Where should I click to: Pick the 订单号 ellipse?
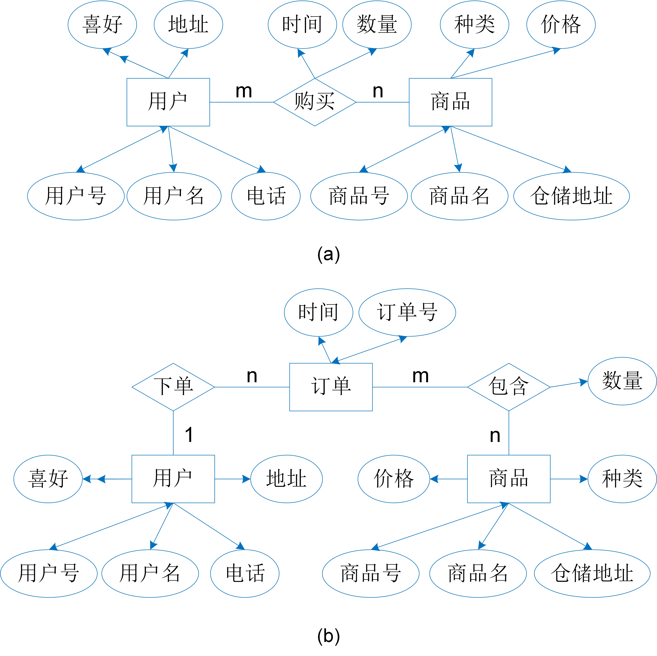point(407,312)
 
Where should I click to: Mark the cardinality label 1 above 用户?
point(189,435)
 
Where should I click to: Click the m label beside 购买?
point(244,91)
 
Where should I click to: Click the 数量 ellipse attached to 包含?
point(622,381)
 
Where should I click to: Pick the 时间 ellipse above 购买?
point(302,25)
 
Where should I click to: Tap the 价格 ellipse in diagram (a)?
point(561,25)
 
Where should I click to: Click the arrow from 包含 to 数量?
point(569,384)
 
